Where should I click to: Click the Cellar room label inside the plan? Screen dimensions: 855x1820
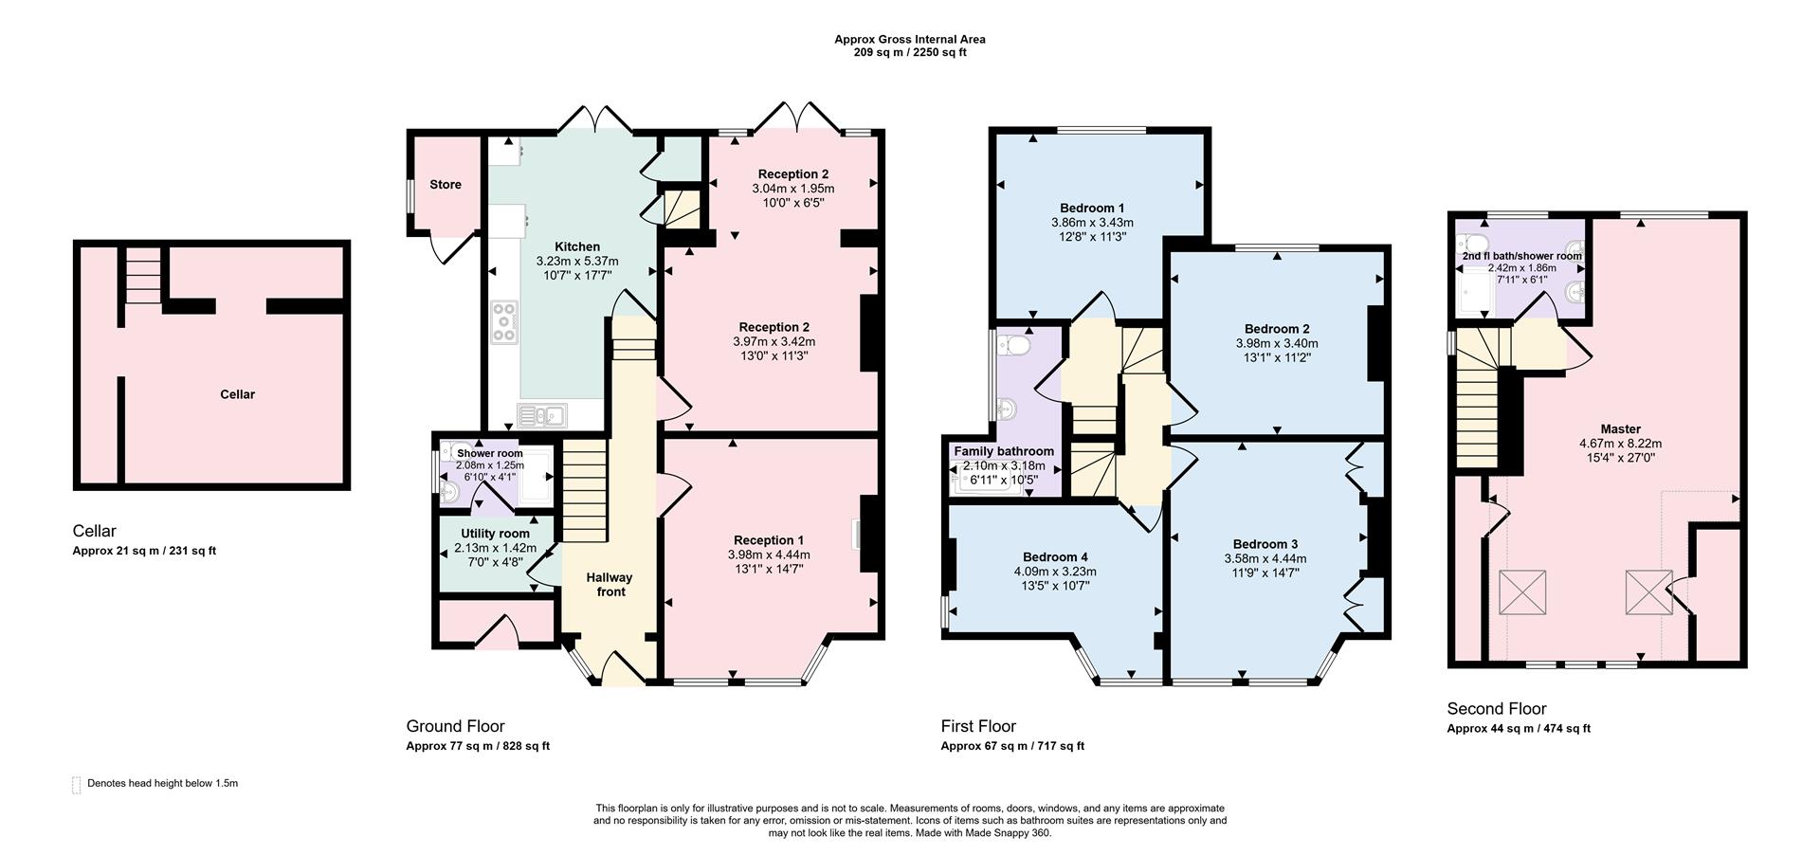(x=237, y=394)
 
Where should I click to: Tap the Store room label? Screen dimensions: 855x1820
(x=445, y=185)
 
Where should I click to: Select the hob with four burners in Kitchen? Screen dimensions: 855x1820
(x=504, y=321)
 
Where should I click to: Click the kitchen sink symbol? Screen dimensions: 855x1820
(x=540, y=414)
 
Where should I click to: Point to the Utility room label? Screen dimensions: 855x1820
(x=494, y=534)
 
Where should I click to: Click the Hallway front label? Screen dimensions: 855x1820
(x=610, y=584)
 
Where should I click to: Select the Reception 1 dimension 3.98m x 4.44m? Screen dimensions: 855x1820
(x=769, y=555)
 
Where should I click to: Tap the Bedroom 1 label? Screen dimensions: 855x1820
(x=1092, y=208)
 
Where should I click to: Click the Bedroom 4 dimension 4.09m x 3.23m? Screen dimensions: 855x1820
(x=1055, y=572)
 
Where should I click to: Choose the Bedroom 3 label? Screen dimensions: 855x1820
(x=1265, y=544)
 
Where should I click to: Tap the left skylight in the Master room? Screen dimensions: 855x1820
(x=1522, y=593)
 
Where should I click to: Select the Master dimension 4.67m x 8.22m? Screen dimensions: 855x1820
(x=1620, y=443)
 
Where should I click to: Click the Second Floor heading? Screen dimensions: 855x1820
(x=1496, y=708)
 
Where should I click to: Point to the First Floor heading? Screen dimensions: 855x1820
(x=977, y=726)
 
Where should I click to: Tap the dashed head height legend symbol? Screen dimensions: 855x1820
(x=77, y=784)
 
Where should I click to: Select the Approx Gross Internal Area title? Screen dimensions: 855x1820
(x=909, y=39)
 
